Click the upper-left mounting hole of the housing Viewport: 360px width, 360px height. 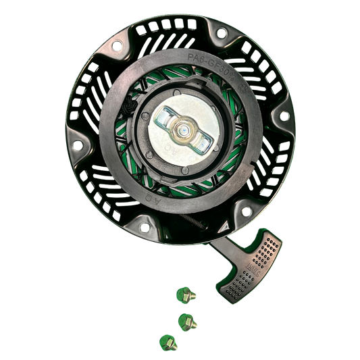(117, 46)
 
